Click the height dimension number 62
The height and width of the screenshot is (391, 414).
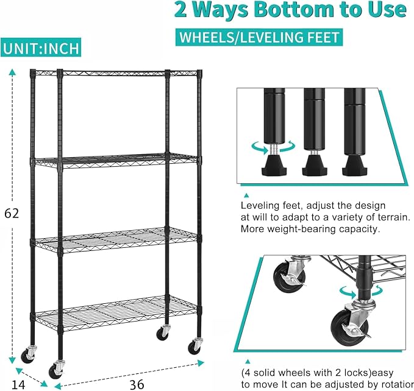coord(12,213)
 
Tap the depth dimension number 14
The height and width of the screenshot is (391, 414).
coord(18,385)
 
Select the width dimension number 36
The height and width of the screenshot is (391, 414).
coord(137,385)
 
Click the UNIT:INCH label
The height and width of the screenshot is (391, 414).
coord(41,48)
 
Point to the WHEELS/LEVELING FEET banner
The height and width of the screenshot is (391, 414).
coord(259,37)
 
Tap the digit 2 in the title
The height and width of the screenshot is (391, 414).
coord(181,10)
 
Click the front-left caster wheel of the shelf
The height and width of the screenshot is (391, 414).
coord(56,370)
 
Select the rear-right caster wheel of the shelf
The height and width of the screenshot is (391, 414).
coord(163,333)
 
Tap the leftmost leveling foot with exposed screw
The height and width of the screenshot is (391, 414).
coord(274,165)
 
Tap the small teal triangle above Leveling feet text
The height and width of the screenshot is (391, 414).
coord(246,195)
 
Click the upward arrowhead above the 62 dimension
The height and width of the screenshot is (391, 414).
coord(12,72)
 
